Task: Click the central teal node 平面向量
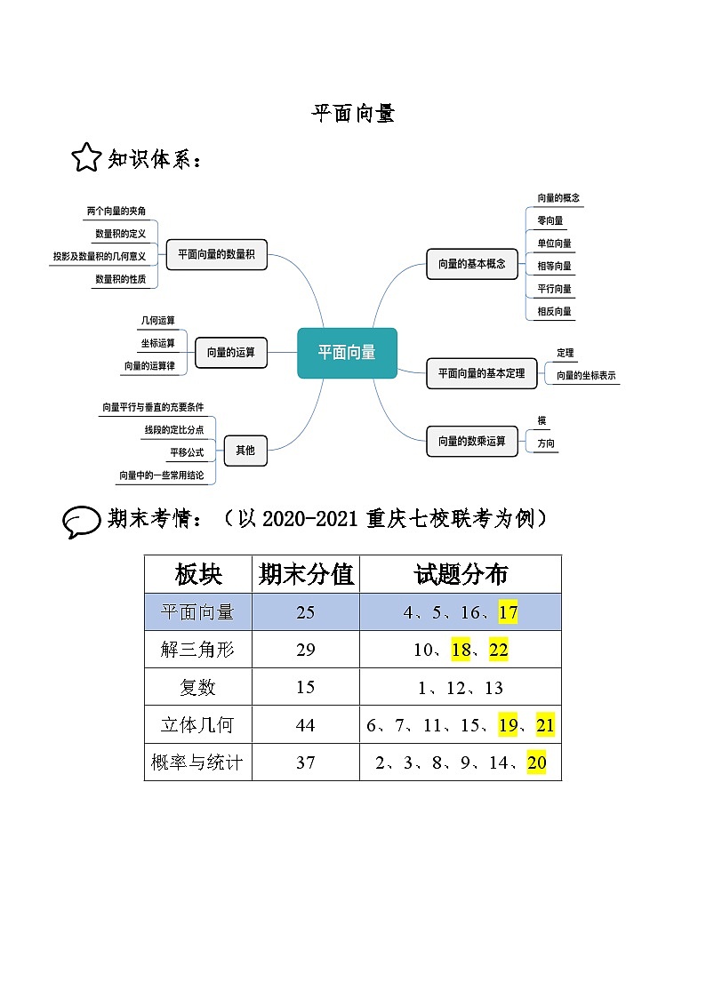coord(347,353)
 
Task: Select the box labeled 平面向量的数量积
coord(216,254)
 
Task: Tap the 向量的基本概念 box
coord(471,264)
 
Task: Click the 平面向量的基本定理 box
coord(481,373)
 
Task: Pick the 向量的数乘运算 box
coord(471,441)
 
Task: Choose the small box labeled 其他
coord(245,451)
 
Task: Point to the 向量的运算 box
coord(231,352)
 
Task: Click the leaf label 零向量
coord(550,220)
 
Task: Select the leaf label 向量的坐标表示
coord(586,376)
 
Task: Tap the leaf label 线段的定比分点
coord(174,430)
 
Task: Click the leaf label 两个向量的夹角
coord(116,212)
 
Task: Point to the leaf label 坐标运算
coord(157,343)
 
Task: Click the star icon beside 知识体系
coord(86,158)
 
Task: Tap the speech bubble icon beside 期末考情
coord(81,521)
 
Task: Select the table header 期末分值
coord(306,575)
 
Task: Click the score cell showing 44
coord(305,725)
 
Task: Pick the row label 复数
coord(197,688)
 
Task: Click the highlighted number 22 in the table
coord(498,650)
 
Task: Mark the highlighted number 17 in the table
coord(508,612)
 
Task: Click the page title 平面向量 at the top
coord(352,113)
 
